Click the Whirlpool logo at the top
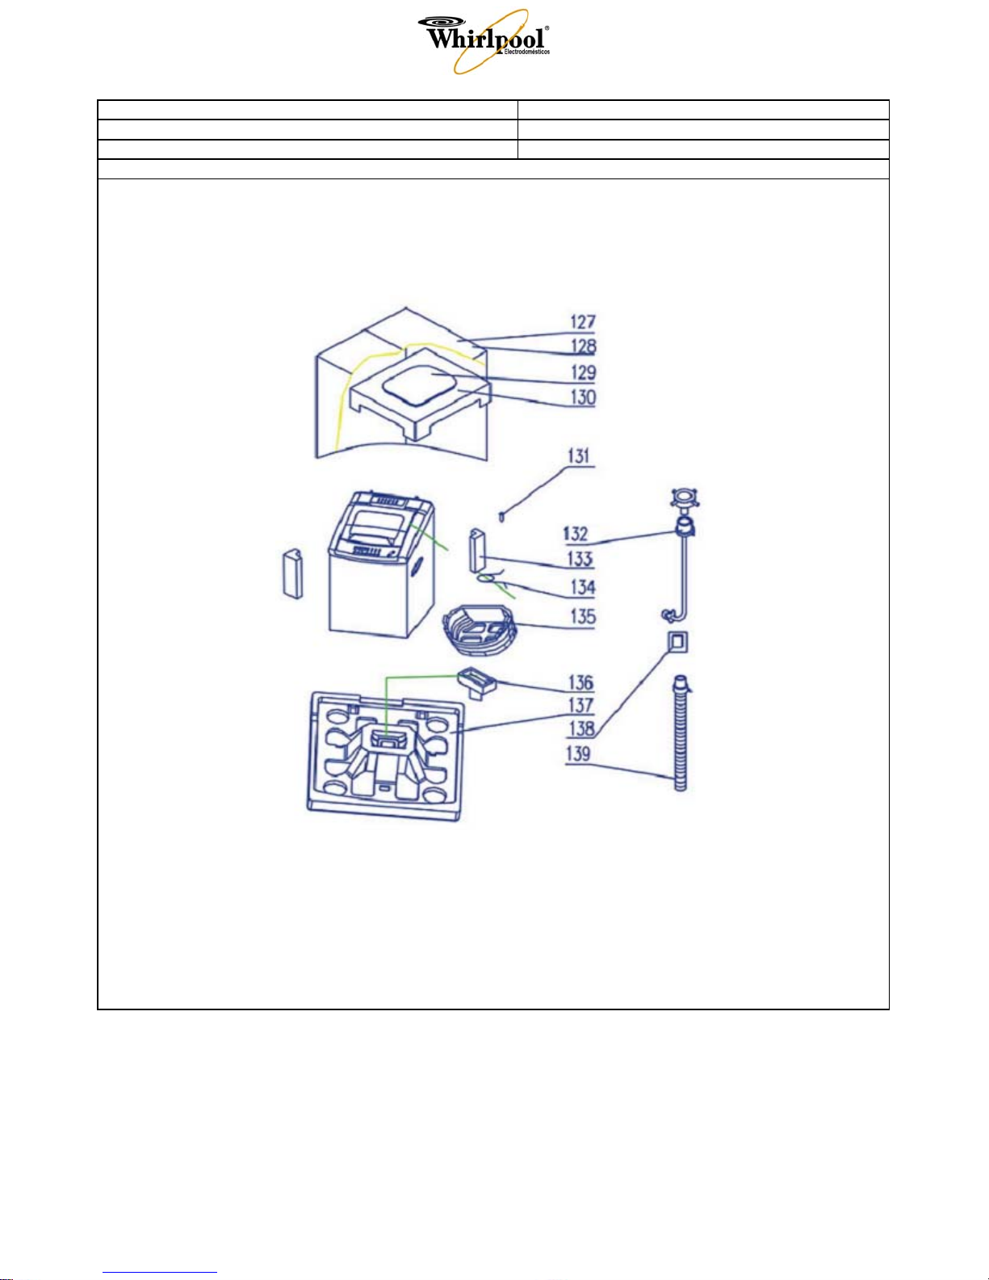484,41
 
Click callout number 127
583,322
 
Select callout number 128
583,346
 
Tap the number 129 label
583,373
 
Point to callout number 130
583,397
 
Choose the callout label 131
580,456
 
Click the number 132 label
575,534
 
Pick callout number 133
580,558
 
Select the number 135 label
582,617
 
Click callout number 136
580,682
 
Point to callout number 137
580,705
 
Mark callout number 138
580,729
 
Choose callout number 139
578,754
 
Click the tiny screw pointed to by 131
501,517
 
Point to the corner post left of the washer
292,574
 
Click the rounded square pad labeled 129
419,384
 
